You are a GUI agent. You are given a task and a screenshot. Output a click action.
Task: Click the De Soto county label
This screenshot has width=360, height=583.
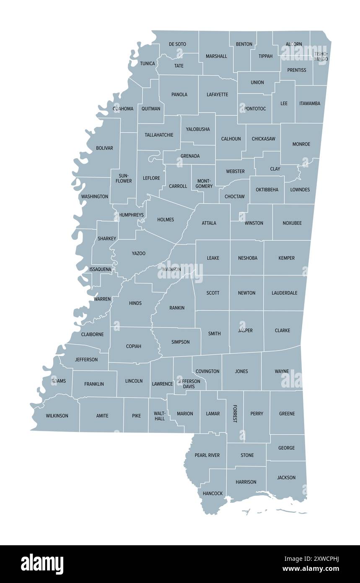177,44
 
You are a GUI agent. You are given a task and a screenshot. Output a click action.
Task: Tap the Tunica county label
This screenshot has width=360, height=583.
148,64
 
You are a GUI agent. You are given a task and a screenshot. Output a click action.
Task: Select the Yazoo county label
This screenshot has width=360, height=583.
139,253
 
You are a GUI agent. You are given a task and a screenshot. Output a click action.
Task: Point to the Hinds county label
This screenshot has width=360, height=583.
135,303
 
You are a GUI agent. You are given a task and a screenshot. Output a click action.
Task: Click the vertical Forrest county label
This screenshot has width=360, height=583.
235,414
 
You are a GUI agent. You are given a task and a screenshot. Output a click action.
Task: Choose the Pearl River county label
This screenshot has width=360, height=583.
207,455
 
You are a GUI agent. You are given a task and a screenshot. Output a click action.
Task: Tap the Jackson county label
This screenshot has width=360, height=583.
286,477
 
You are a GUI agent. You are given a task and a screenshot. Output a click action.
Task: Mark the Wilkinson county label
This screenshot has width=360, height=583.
57,416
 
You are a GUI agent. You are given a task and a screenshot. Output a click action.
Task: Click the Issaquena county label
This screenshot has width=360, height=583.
100,269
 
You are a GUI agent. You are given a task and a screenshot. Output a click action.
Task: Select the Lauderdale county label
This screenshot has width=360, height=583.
284,293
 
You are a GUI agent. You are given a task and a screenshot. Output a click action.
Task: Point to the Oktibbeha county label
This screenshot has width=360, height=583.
267,190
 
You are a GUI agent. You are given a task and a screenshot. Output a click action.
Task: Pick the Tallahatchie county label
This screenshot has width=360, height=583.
159,135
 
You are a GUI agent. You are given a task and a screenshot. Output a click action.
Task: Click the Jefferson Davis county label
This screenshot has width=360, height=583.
189,384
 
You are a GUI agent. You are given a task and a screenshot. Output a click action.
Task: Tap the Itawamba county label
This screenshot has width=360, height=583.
310,103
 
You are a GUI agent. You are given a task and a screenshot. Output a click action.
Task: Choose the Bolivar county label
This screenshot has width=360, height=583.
104,148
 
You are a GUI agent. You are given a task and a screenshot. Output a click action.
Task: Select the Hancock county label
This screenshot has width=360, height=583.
212,493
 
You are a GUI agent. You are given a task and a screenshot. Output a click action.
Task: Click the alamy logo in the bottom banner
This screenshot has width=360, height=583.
42,564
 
